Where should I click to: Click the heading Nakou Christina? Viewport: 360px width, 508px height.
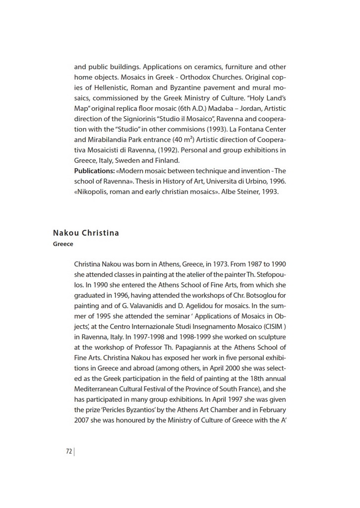click(86, 233)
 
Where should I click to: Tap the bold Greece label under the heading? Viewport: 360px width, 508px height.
click(63, 244)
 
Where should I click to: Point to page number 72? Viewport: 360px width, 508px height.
click(69, 451)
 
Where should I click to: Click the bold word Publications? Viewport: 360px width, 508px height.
click(95, 171)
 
